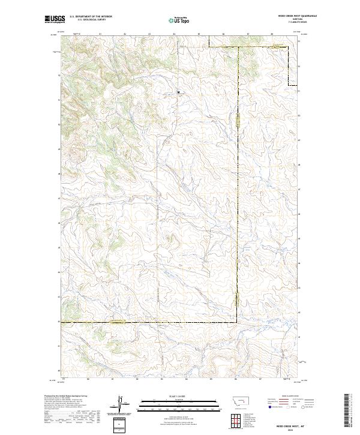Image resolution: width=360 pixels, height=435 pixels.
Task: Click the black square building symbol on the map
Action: [x=178, y=92]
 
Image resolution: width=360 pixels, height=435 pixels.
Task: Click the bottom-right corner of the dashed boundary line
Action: [x=237, y=322]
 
